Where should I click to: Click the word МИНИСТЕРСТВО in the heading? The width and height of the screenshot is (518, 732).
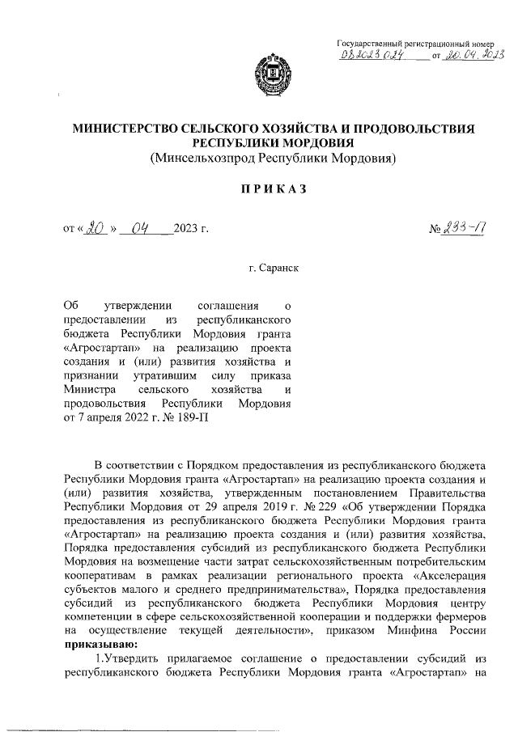coord(125,127)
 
